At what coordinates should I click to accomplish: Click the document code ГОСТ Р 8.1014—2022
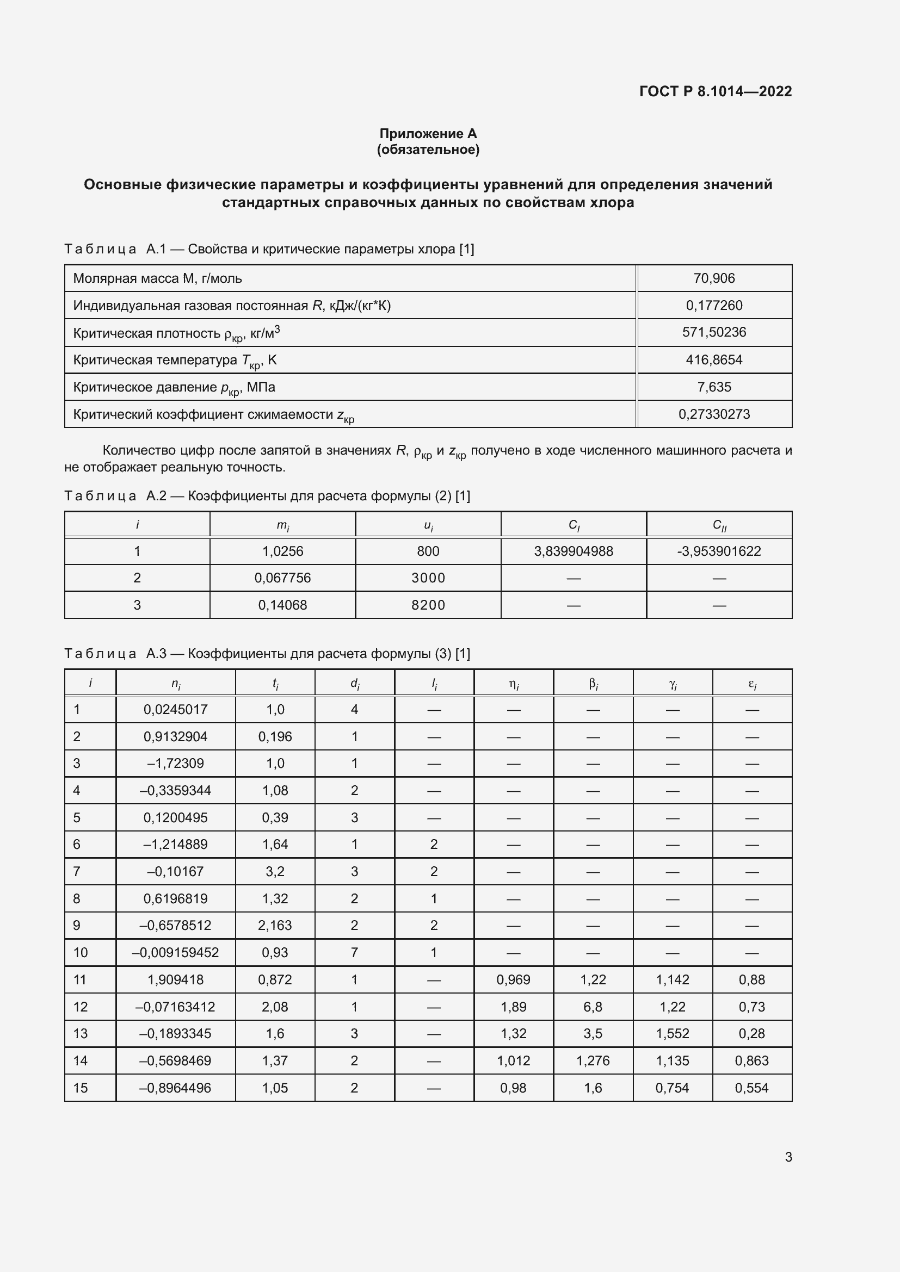715,91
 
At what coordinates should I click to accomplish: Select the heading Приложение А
428,134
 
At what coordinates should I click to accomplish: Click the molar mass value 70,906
714,278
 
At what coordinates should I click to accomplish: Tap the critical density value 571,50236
714,332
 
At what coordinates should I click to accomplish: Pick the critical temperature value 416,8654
714,359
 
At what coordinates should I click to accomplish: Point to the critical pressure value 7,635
714,387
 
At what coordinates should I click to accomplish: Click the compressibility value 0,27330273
714,414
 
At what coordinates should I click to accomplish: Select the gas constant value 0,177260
714,305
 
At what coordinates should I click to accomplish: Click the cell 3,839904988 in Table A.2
574,551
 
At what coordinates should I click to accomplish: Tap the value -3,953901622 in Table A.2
719,551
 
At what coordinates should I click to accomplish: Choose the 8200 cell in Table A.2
428,605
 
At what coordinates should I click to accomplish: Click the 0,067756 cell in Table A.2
282,578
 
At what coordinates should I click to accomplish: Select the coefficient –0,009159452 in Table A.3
176,952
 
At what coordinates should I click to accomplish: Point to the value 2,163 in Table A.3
275,925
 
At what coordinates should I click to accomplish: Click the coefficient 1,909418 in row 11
176,979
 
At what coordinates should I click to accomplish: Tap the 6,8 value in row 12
593,1007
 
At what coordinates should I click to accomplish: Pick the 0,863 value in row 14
751,1060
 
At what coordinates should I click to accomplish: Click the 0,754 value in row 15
672,1088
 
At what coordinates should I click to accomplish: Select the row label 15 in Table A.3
81,1088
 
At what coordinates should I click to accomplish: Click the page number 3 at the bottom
788,1157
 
